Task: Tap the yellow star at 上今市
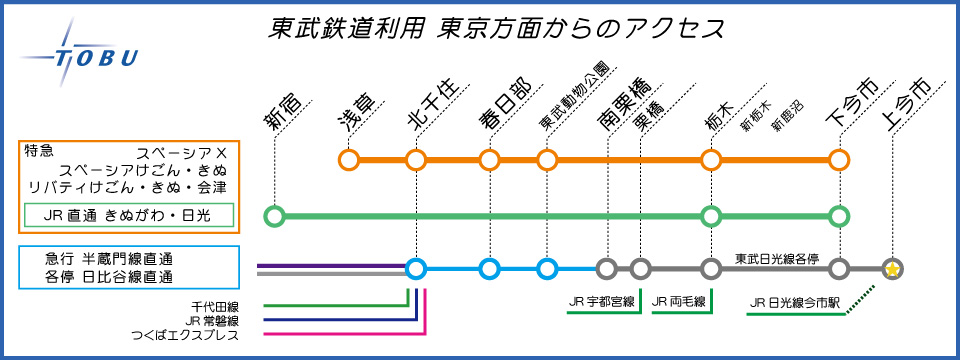pyautogui.click(x=893, y=269)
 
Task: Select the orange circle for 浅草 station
pyautogui.click(x=348, y=160)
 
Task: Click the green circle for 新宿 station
pyautogui.click(x=275, y=216)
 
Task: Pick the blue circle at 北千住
pyautogui.click(x=416, y=269)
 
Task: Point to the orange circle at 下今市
pyautogui.click(x=839, y=160)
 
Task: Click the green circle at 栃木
pyautogui.click(x=711, y=216)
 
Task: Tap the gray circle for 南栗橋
pyautogui.click(x=607, y=269)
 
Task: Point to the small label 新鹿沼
pyautogui.click(x=787, y=116)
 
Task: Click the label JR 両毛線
pyautogui.click(x=679, y=301)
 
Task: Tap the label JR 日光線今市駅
pyautogui.click(x=794, y=302)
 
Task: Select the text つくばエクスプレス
pyautogui.click(x=185, y=335)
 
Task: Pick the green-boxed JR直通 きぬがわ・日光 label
pyautogui.click(x=129, y=215)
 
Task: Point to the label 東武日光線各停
pyautogui.click(x=777, y=258)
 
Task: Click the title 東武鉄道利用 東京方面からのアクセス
pyautogui.click(x=497, y=29)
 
